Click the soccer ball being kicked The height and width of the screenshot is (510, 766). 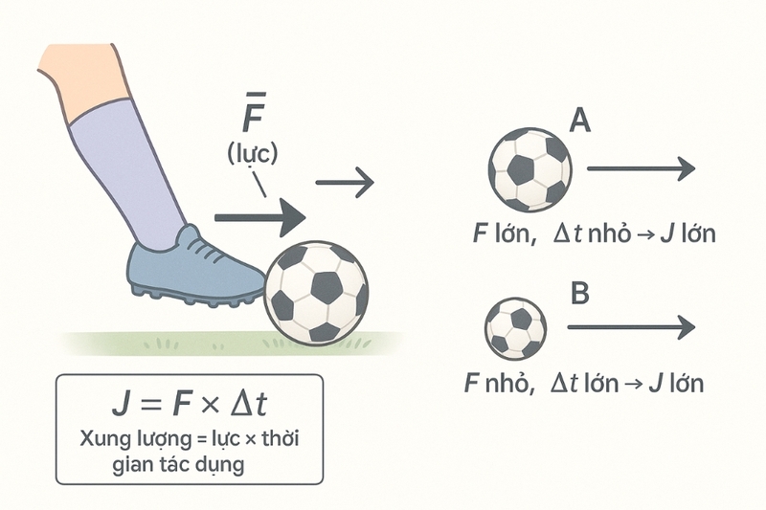(316, 293)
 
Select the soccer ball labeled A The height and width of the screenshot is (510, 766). (529, 169)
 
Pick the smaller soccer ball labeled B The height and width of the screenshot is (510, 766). (515, 329)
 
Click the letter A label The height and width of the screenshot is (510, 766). (580, 120)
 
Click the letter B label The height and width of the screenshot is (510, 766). (580, 293)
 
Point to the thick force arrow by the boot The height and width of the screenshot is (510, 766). (260, 217)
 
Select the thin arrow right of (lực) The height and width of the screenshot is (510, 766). (345, 183)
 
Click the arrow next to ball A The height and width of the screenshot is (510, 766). (641, 168)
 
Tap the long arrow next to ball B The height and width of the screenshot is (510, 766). (631, 326)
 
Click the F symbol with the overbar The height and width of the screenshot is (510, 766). (254, 112)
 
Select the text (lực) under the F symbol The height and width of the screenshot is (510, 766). (252, 154)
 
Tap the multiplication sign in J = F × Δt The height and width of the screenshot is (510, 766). (210, 405)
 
